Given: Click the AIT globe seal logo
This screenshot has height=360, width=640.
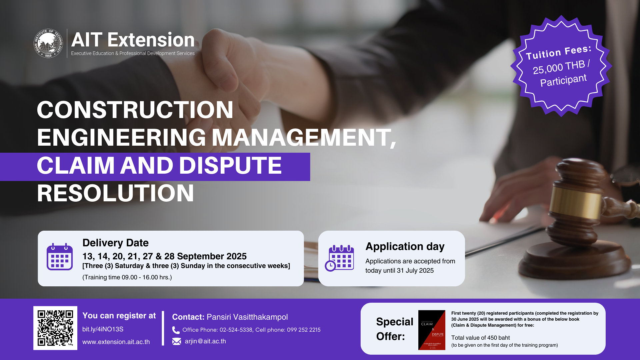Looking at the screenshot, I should [x=48, y=43].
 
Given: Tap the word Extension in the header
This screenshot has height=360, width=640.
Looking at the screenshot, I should [x=151, y=40].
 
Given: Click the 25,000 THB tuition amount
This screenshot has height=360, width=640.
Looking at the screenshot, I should [x=559, y=67].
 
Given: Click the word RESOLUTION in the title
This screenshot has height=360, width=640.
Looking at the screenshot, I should [x=115, y=193].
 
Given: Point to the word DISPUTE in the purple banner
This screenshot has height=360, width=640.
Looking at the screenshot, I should [x=230, y=165].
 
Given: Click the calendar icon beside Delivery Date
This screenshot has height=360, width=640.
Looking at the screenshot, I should [x=60, y=257].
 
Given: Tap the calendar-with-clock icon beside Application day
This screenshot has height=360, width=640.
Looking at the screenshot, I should [x=340, y=258].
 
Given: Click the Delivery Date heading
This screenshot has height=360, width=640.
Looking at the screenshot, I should [x=115, y=243].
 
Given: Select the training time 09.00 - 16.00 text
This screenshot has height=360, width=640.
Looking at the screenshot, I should [x=127, y=277].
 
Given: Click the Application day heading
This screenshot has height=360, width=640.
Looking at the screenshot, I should [x=405, y=246].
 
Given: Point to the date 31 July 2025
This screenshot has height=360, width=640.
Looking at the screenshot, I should [x=415, y=271].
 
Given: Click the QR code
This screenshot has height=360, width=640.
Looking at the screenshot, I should [x=55, y=328].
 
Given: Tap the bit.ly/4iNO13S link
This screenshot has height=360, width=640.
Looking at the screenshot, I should [x=103, y=329].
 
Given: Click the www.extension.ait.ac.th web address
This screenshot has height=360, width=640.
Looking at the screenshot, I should [x=116, y=342].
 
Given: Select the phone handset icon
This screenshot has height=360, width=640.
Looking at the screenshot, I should [x=176, y=330].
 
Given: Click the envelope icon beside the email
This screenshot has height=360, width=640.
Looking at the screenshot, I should [x=176, y=341].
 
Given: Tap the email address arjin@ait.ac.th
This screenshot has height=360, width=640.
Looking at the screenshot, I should [x=205, y=341].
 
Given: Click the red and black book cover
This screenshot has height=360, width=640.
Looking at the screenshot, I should [x=432, y=330].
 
